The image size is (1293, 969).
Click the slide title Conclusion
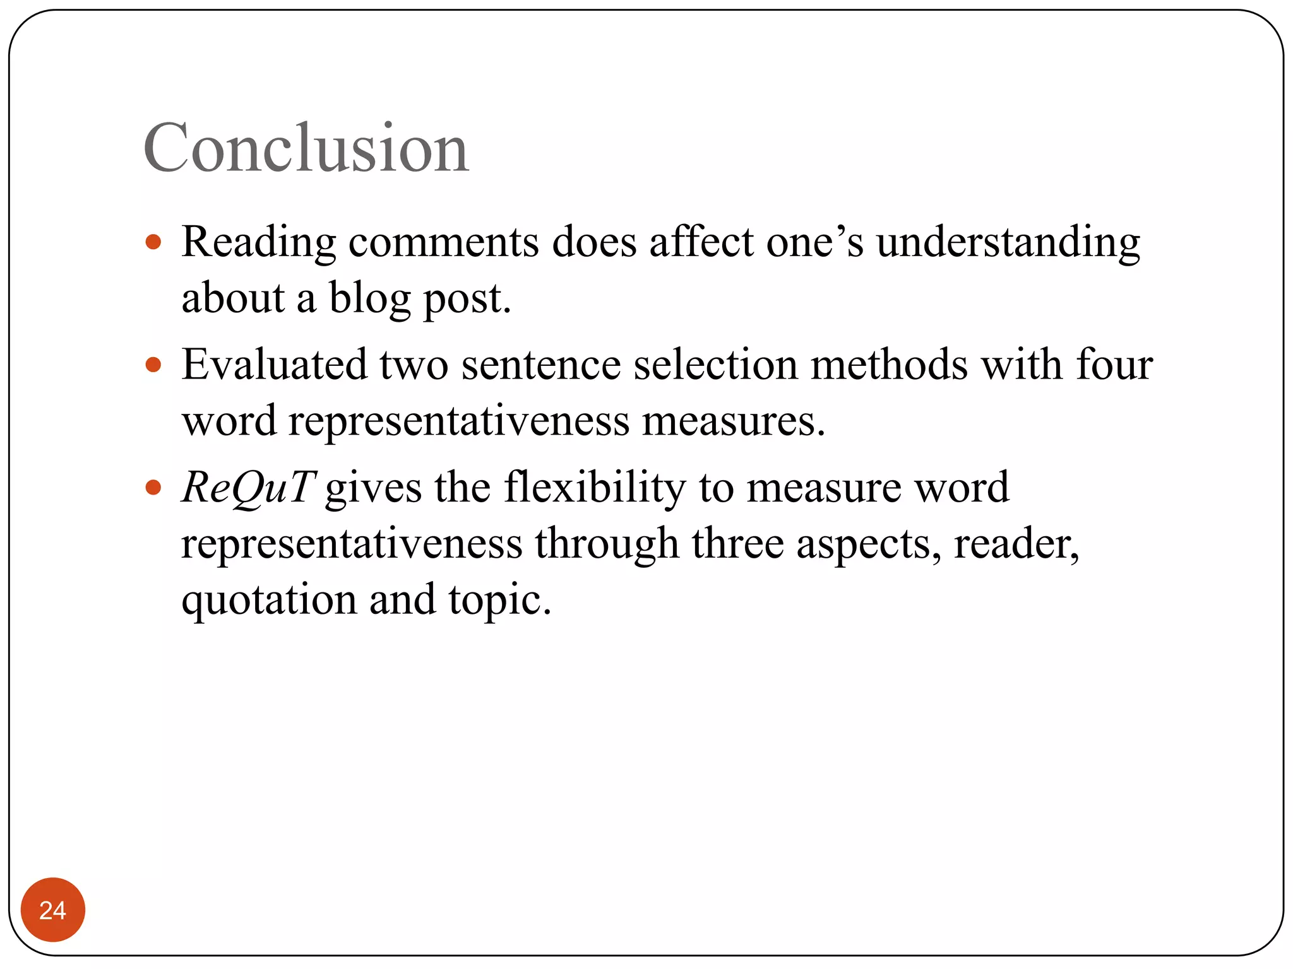tap(306, 148)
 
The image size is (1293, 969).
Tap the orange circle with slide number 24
tap(53, 910)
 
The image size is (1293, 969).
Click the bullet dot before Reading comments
tap(153, 242)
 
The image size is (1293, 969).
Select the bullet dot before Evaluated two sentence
tap(153, 365)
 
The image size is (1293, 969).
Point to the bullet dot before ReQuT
tap(153, 488)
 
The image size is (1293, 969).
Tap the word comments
tap(443, 242)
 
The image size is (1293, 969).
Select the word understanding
tap(1008, 242)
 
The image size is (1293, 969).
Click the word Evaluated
tap(274, 365)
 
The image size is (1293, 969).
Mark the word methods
tap(889, 365)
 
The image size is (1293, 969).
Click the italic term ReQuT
tap(248, 488)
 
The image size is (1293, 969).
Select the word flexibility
tap(595, 488)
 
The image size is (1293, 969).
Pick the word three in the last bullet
tap(737, 543)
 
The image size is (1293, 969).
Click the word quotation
tap(269, 599)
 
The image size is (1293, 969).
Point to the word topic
tap(499, 599)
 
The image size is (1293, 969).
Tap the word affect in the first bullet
tap(701, 242)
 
